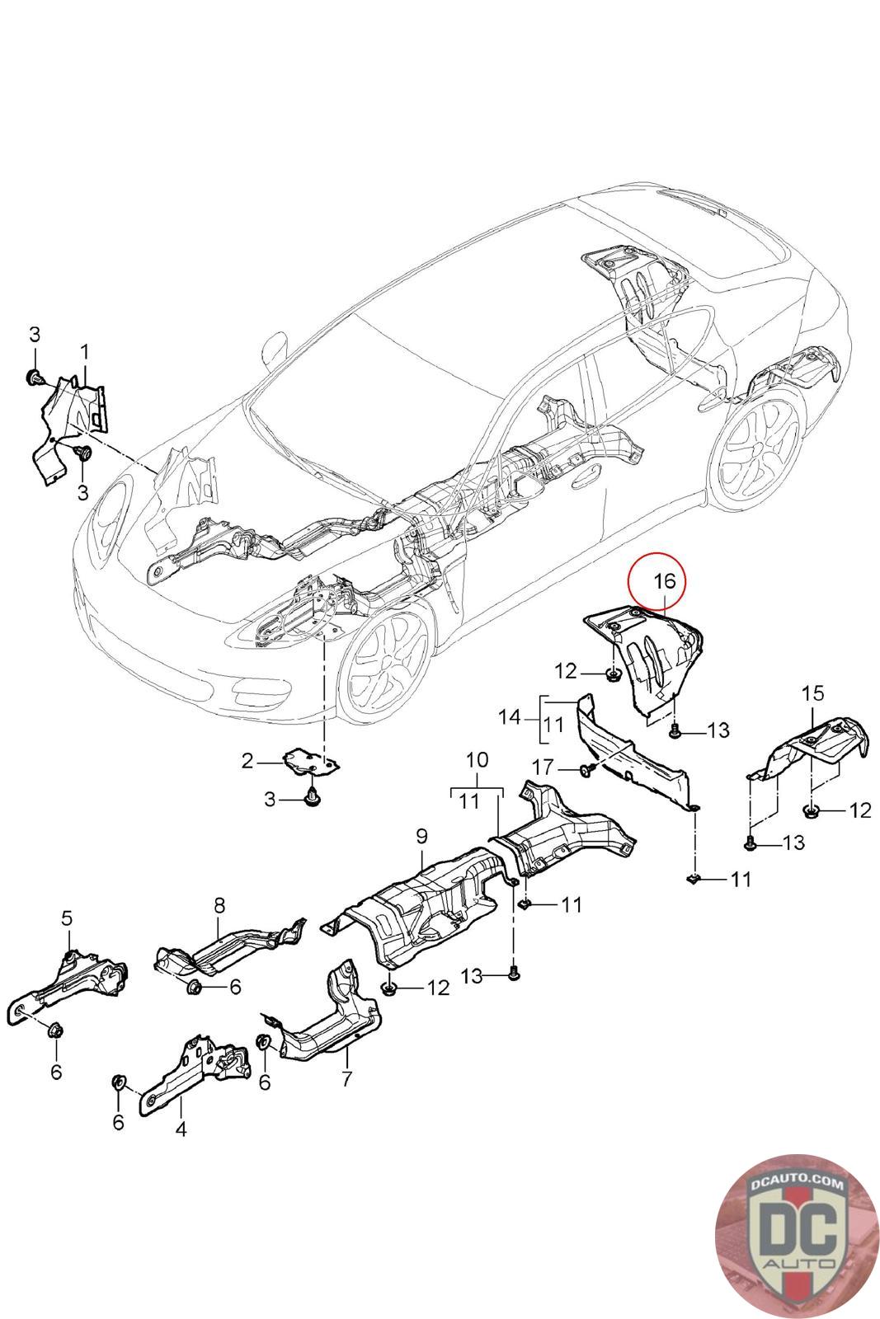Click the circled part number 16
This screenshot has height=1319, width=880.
pos(665,580)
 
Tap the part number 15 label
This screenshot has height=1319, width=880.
pos(812,693)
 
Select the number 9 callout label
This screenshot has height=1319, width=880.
pos(421,836)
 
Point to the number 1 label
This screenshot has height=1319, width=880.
pos(84,353)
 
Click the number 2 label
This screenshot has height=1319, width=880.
pos(247,762)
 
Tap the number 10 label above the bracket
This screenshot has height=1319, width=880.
pos(478,759)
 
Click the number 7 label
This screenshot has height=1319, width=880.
pos(347,1077)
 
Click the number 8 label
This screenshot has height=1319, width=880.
pos(219,905)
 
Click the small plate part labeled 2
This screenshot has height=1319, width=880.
pos(312,761)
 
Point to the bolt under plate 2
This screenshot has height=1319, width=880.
pos(313,797)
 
